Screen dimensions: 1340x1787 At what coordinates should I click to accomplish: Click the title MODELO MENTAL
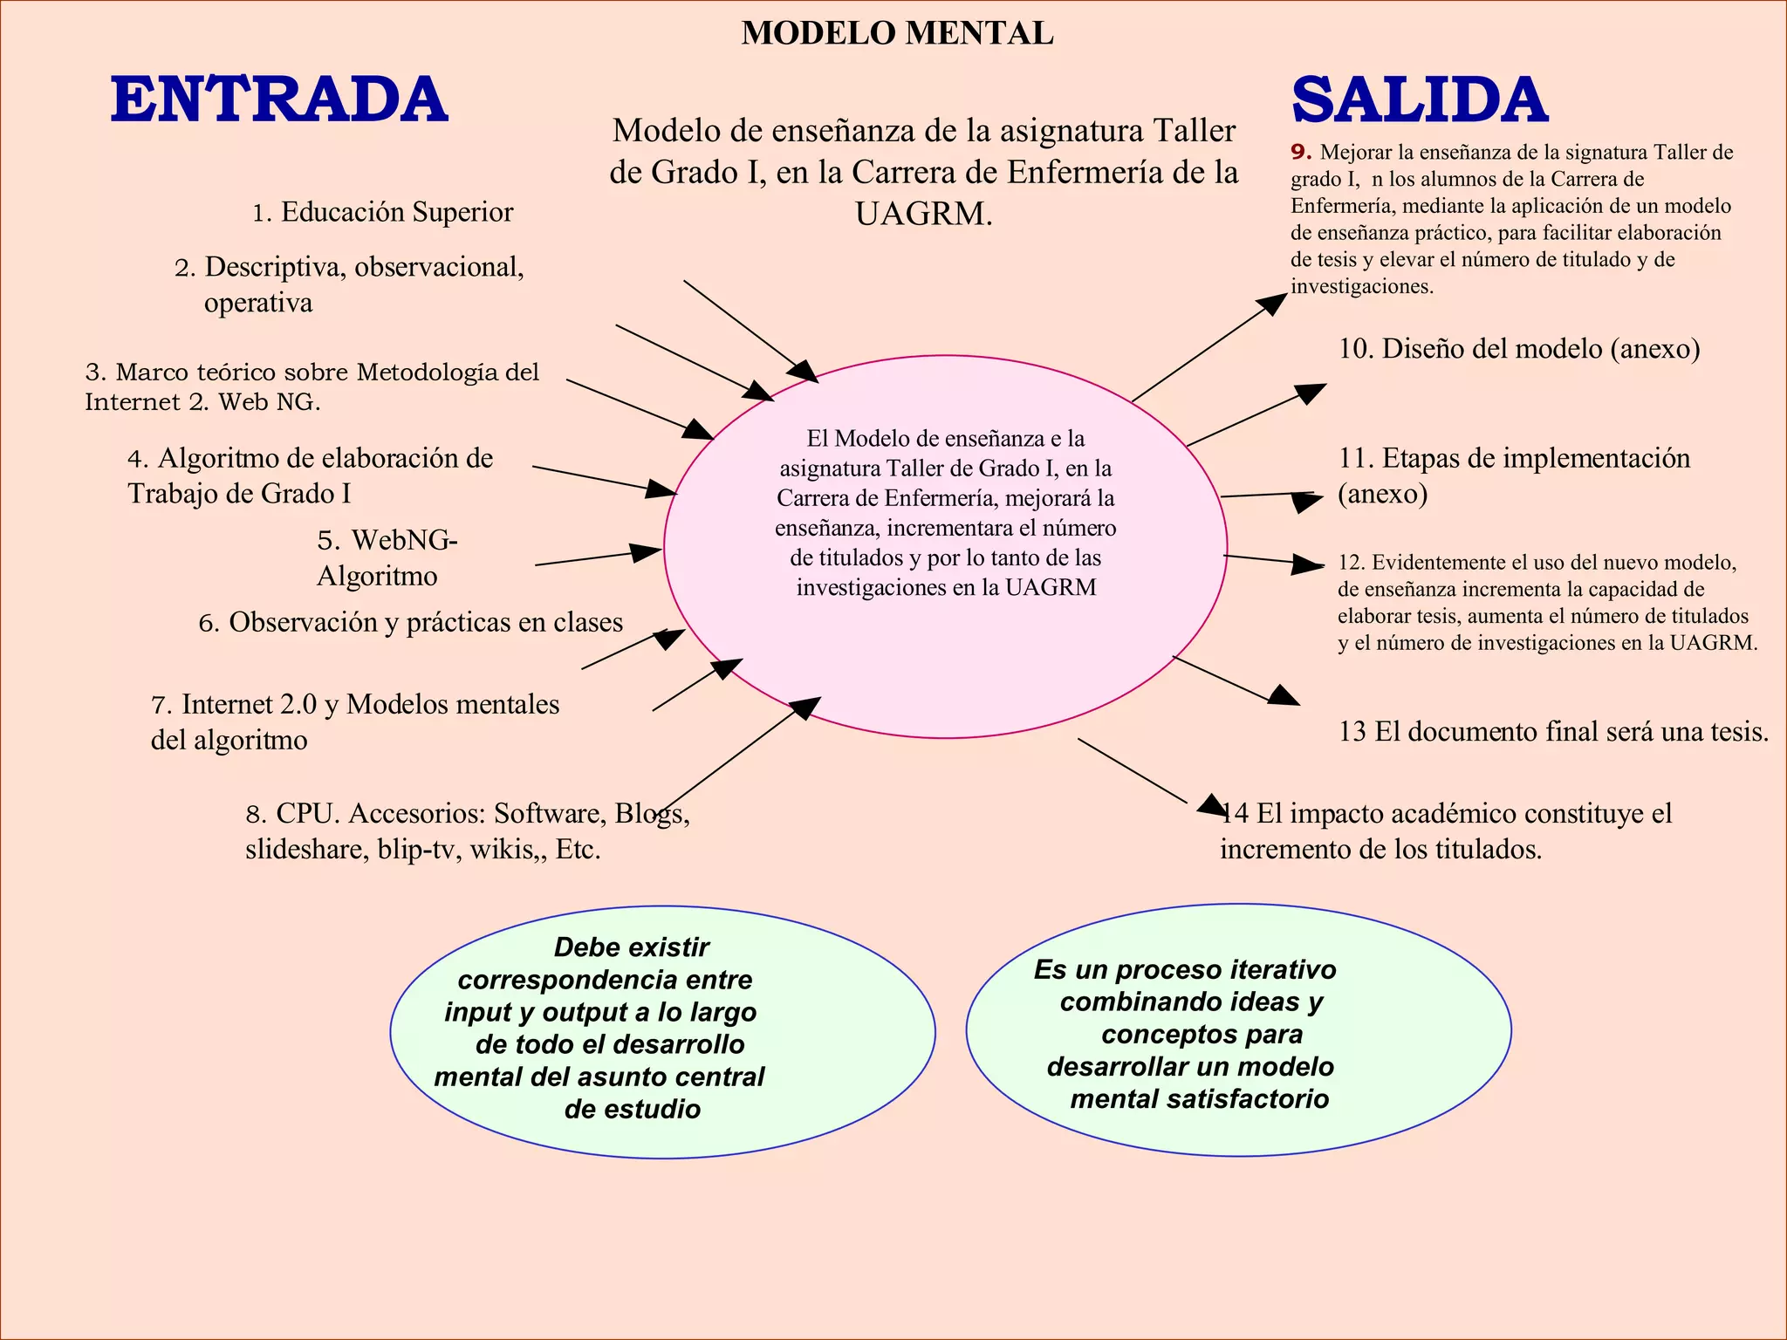point(897,33)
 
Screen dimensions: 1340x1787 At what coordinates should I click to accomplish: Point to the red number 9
point(1301,152)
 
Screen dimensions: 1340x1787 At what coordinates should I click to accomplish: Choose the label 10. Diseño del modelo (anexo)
point(1518,349)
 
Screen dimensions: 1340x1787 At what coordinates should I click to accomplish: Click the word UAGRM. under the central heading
point(923,214)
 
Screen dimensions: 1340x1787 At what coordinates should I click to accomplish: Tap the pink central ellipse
point(945,663)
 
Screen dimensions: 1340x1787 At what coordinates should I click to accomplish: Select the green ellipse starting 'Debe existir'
point(661,1031)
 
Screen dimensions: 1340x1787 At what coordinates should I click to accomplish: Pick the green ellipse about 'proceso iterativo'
point(1238,1029)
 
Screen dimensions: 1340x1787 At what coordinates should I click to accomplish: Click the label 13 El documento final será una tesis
point(1553,731)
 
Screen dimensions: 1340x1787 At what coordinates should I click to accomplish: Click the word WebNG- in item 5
point(404,540)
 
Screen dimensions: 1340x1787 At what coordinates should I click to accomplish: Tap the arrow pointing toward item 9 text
point(1208,348)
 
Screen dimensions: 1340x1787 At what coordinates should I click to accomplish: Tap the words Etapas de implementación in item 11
point(1536,458)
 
